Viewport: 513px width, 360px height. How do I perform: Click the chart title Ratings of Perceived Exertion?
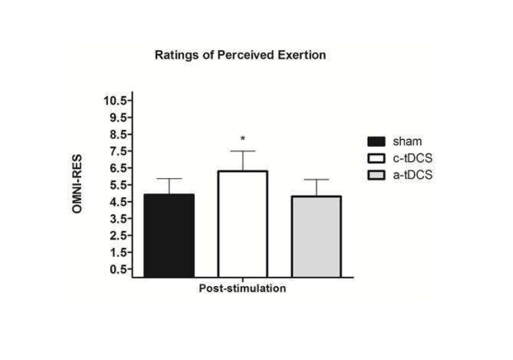point(240,55)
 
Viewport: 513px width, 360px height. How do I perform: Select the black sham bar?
point(169,235)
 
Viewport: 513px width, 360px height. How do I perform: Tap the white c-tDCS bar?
point(243,224)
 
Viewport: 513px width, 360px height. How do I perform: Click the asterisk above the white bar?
point(243,139)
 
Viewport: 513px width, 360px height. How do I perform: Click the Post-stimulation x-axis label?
point(243,289)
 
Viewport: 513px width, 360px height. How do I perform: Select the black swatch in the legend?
point(376,141)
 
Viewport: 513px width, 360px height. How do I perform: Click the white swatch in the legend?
point(376,158)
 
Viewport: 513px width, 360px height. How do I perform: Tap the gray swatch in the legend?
point(376,175)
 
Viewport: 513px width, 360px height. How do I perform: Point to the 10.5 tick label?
point(115,100)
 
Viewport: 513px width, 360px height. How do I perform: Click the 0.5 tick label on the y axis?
point(117,269)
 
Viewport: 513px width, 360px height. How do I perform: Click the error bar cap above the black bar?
point(169,179)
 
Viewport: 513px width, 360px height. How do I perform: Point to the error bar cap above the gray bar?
point(316,179)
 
